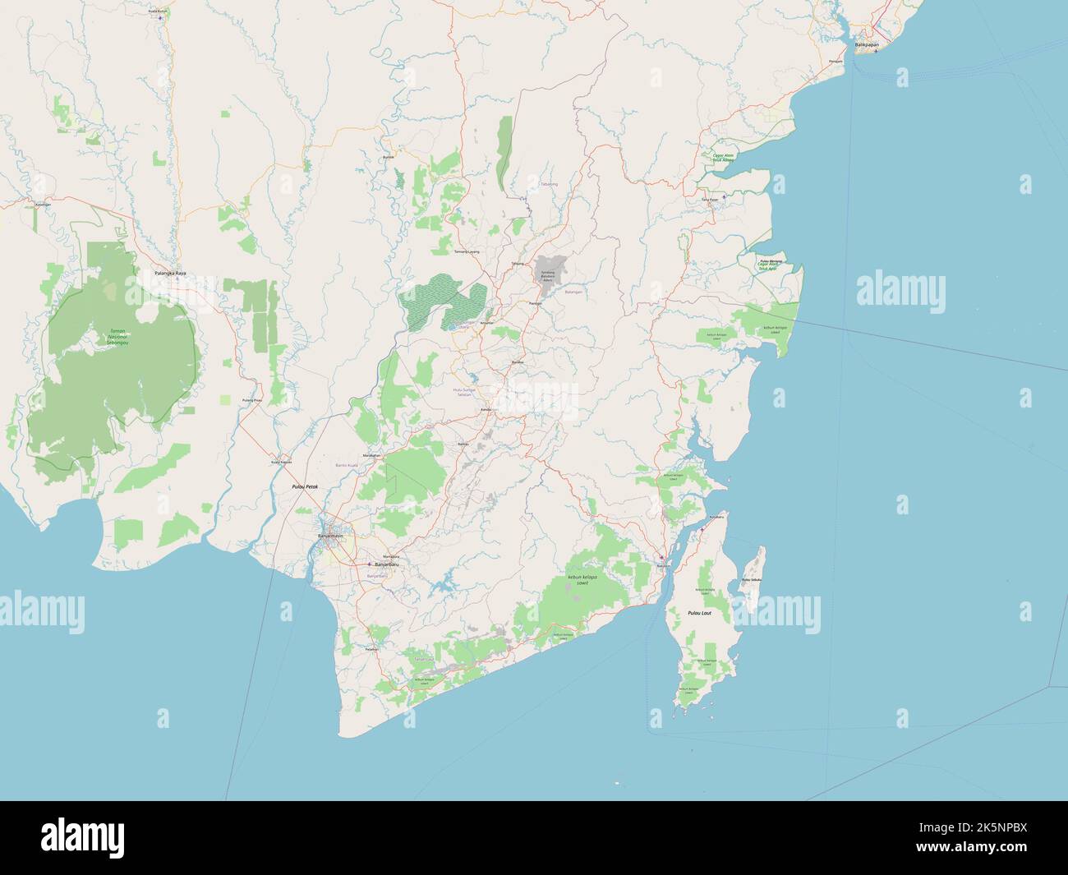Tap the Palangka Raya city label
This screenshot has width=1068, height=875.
pyautogui.click(x=170, y=273)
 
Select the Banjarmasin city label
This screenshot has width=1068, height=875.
pyautogui.click(x=330, y=536)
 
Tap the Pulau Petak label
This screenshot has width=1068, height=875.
pyautogui.click(x=304, y=487)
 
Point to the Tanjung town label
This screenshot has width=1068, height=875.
pyautogui.click(x=517, y=264)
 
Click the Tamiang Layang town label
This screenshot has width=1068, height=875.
pyautogui.click(x=467, y=251)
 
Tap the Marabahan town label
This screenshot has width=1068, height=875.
pyautogui.click(x=371, y=454)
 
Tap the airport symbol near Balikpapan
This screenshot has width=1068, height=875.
pyautogui.click(x=876, y=51)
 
